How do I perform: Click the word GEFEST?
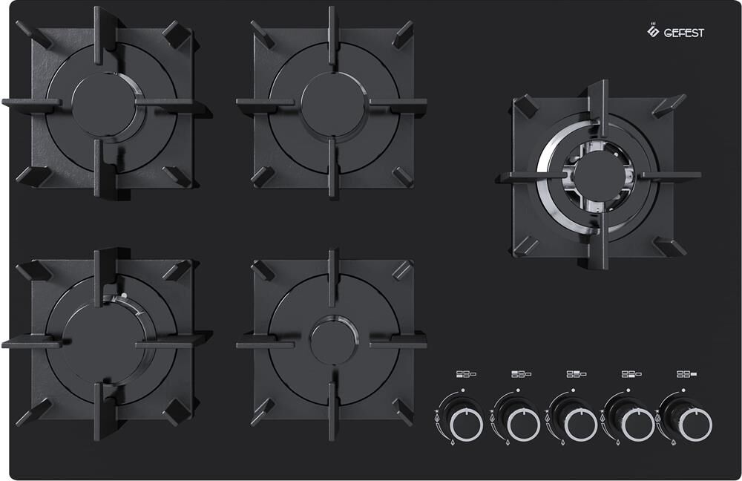(684, 33)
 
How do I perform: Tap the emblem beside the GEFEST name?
(653, 30)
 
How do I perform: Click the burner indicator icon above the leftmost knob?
(466, 374)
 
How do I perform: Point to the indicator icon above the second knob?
(521, 374)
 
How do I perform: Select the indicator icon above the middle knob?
(577, 374)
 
